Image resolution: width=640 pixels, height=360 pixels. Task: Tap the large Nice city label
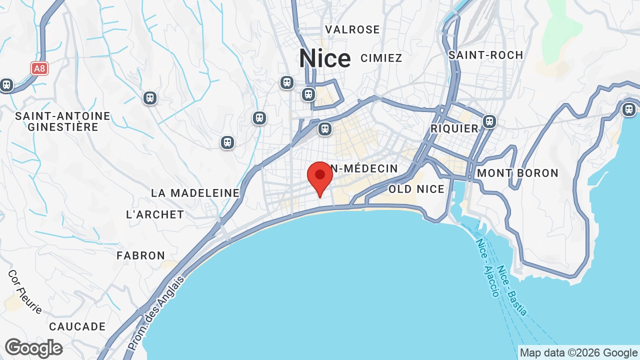pos(324,59)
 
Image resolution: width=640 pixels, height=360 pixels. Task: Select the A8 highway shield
pos(39,68)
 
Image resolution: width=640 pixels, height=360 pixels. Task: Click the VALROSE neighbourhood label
pos(352,30)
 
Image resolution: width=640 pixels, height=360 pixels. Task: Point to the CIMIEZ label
pos(381,58)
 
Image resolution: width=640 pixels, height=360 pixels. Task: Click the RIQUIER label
pos(455,129)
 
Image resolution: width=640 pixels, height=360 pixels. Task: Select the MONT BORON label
pos(517,173)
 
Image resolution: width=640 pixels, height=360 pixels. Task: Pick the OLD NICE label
pos(416,189)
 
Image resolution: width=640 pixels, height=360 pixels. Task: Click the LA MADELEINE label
pos(195,193)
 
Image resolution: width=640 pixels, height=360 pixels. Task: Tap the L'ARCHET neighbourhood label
pos(155,214)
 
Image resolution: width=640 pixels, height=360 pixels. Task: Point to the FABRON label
pos(141,255)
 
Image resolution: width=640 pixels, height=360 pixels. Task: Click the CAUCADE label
pos(77,327)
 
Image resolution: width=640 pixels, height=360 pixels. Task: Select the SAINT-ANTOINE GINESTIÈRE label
pos(62,121)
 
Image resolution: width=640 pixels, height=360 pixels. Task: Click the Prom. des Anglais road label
pos(156,312)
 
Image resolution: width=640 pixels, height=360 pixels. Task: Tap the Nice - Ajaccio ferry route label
pos(487,267)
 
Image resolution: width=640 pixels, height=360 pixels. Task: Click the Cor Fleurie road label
pos(25,292)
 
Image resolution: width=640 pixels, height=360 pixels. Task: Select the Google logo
pos(33,348)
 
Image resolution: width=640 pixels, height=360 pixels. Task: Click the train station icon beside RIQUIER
pos(489,121)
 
